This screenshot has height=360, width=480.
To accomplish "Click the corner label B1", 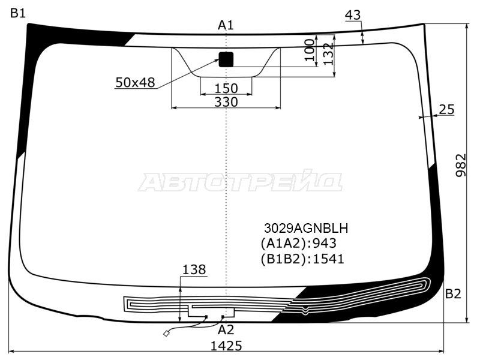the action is pos(18,13).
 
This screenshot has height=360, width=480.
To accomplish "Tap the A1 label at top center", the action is pos(226,25).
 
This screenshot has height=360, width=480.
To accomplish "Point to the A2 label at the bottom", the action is pos(226,329).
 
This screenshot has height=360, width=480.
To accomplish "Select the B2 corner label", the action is pos(453,293).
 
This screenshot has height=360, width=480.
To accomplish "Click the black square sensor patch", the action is pos(226,59).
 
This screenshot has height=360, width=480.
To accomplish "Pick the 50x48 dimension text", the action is pos(136,82).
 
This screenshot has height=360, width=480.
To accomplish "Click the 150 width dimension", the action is pos(226,88).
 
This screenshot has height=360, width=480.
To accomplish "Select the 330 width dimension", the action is pos(226,101).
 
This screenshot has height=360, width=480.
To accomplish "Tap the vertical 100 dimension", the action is pos(310,50).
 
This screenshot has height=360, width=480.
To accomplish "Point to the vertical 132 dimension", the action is pos(328,54).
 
